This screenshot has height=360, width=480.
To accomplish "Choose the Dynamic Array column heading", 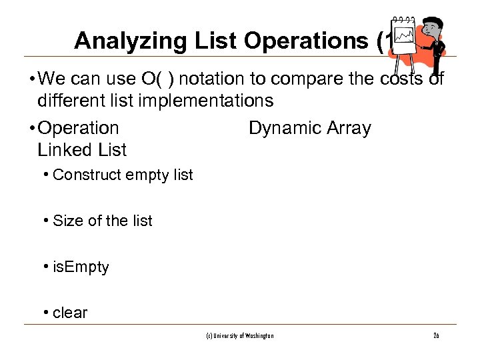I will (x=309, y=128).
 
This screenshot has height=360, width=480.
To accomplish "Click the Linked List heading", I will (x=82, y=150).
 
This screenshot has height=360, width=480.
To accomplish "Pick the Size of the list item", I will (x=102, y=221).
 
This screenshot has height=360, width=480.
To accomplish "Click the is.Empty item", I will (x=81, y=267).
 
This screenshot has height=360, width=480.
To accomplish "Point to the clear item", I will (x=70, y=313).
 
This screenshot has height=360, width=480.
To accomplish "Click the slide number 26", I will (x=435, y=336).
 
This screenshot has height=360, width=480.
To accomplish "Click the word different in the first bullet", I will (x=73, y=101).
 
